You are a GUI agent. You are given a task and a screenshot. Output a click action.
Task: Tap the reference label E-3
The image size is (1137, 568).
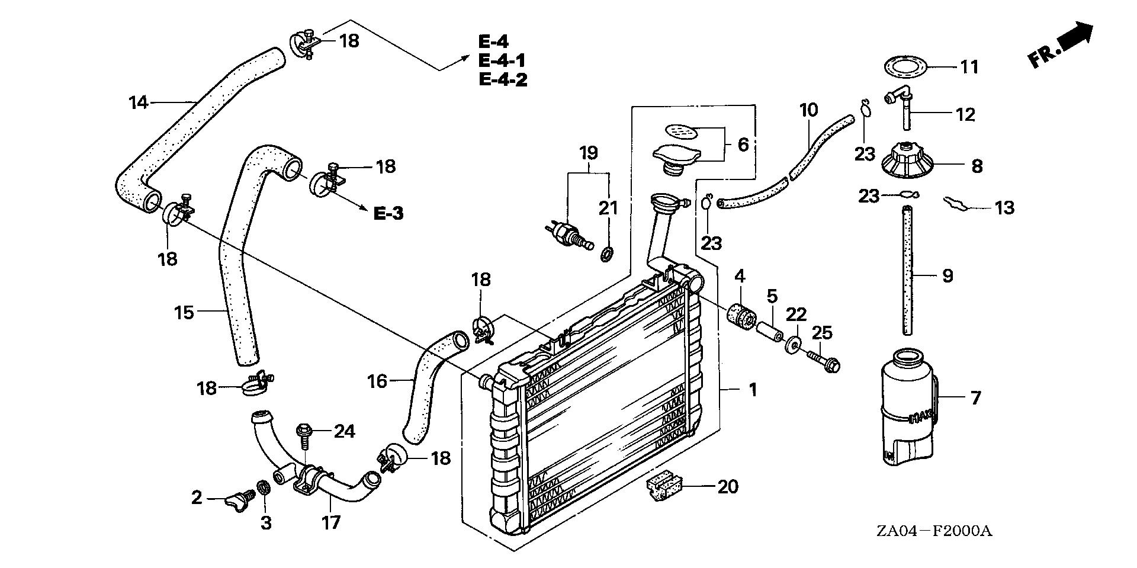pyautogui.click(x=388, y=213)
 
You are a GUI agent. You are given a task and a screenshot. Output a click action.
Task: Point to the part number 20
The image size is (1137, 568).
pyautogui.click(x=728, y=487)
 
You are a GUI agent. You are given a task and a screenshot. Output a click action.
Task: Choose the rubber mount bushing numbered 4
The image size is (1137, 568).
pyautogui.click(x=740, y=317)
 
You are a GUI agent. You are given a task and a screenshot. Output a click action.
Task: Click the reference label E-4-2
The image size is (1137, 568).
pyautogui.click(x=503, y=79)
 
